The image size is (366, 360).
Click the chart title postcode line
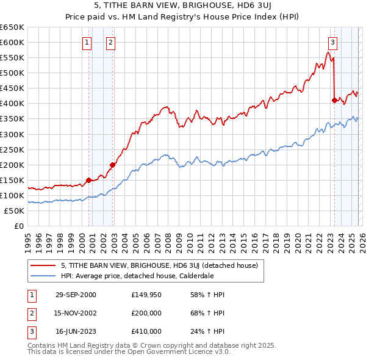click(182, 6)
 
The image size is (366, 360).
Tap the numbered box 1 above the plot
click(87, 42)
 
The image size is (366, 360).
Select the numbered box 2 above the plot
click(110, 42)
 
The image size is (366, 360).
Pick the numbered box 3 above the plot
click(332, 42)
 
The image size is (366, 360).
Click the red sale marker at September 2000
click(89, 180)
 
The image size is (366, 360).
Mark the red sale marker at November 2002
click(112, 164)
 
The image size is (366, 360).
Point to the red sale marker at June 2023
click(334, 100)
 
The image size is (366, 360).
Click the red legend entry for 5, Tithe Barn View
click(160, 265)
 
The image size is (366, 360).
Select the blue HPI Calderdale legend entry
click(137, 276)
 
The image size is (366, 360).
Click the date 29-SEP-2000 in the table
click(76, 295)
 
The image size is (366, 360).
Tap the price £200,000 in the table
click(146, 313)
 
